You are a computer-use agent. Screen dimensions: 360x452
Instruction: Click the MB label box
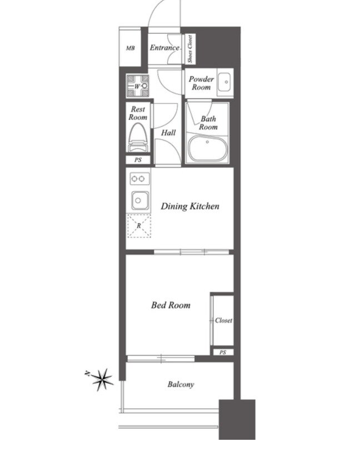(130, 47)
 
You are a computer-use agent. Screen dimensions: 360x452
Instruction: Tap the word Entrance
(164, 48)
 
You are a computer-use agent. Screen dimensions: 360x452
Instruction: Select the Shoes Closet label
(190, 49)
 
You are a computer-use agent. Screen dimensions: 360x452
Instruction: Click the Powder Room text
(201, 83)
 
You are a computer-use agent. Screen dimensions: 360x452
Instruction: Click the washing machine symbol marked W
(138, 86)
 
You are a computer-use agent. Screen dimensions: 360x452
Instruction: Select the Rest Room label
(138, 113)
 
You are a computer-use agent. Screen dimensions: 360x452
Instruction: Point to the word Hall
(168, 133)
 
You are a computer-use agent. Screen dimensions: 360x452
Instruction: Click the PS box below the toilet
(138, 160)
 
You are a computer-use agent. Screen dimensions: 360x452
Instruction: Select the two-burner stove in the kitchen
(138, 179)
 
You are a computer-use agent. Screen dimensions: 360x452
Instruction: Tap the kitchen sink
(140, 200)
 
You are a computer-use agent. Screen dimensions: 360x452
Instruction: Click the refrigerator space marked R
(139, 225)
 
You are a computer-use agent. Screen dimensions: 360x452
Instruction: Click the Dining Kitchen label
(190, 206)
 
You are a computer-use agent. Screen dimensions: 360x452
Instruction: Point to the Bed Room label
(171, 305)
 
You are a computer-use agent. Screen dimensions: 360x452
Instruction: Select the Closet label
(223, 320)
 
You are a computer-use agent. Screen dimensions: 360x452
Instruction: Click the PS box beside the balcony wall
(223, 352)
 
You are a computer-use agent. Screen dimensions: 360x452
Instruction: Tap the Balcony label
(181, 384)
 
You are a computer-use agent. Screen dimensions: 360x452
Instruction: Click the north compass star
(102, 380)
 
